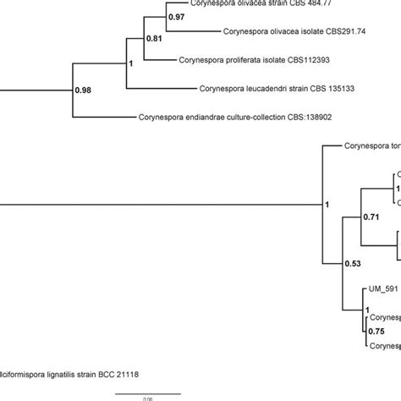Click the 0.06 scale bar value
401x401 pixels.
(x=147, y=398)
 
